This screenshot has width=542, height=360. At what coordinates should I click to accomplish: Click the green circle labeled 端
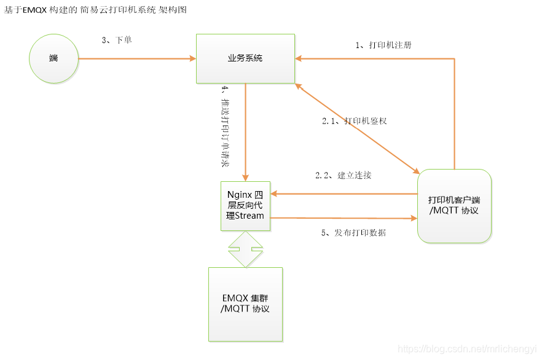pyautogui.click(x=54, y=58)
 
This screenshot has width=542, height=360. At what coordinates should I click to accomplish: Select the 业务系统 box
pyautogui.click(x=245, y=58)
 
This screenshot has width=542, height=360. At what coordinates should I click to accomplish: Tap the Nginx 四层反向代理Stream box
pyautogui.click(x=245, y=206)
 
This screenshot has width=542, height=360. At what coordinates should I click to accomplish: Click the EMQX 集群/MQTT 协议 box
pyautogui.click(x=245, y=304)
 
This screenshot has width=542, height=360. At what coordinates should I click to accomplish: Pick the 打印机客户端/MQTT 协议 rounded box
pyautogui.click(x=454, y=206)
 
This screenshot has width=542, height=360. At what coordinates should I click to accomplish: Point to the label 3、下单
pyautogui.click(x=117, y=40)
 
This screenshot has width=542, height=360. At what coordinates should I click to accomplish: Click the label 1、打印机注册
pyautogui.click(x=383, y=45)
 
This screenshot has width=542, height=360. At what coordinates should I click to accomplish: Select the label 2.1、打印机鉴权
pyautogui.click(x=355, y=121)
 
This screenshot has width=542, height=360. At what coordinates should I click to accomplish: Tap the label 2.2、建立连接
pyautogui.click(x=343, y=175)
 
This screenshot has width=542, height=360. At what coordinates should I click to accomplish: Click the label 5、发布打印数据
pyautogui.click(x=354, y=233)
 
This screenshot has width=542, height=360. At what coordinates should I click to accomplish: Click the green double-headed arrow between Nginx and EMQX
pyautogui.click(x=245, y=249)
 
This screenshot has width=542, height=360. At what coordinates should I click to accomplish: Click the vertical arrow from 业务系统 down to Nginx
pyautogui.click(x=246, y=132)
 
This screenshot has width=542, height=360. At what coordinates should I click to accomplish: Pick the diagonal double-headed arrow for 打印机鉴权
pyautogui.click(x=357, y=129)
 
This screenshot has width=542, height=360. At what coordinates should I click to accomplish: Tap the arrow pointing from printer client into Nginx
pyautogui.click(x=344, y=194)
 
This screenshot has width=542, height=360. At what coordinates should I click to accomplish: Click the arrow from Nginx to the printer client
pyautogui.click(x=344, y=218)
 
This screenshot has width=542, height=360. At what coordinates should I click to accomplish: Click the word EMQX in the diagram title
pyautogui.click(x=34, y=10)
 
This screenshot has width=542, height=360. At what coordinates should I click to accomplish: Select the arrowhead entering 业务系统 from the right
pyautogui.click(x=299, y=59)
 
